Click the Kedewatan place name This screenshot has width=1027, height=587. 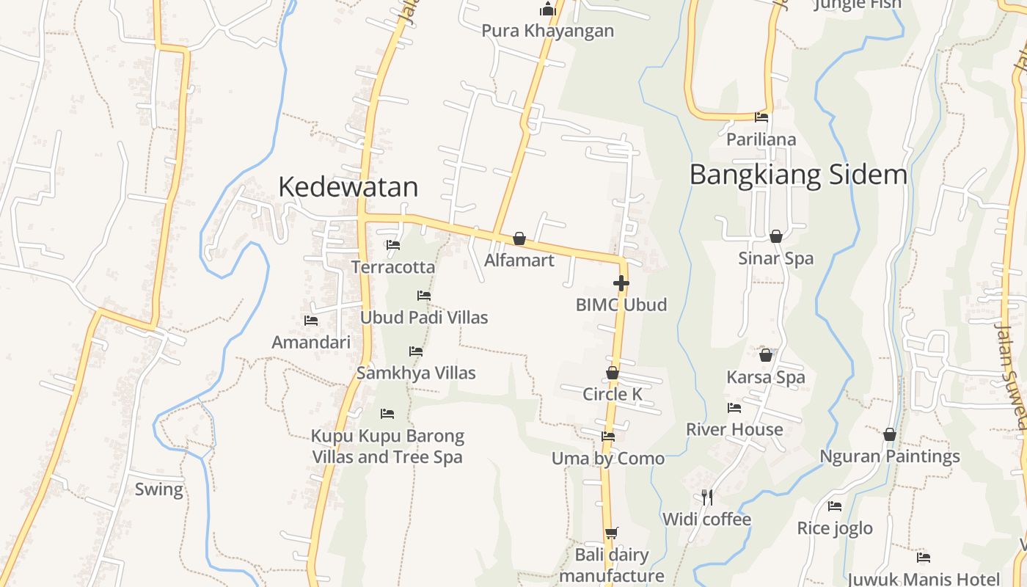tap(348, 187)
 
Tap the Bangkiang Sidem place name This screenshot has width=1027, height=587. tap(798, 175)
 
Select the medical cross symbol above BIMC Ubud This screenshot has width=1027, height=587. tap(621, 283)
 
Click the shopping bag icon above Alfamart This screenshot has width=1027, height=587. tap(519, 238)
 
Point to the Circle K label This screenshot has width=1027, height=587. tap(613, 394)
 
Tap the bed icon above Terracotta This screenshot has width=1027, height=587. tap(393, 245)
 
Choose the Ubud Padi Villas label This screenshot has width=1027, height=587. tap(424, 318)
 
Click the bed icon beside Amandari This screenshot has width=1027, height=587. tap(311, 321)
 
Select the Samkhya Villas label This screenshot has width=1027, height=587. tap(416, 373)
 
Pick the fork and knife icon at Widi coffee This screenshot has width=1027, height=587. tap(707, 497)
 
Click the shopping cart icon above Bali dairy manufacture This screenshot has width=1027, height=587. tap(611, 533)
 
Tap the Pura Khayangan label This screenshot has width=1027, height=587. tap(548, 31)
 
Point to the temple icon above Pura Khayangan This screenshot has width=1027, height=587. tap(548, 10)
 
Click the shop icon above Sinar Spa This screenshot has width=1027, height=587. tap(776, 236)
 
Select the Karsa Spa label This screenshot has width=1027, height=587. tap(766, 377)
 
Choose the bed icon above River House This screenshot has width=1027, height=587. tap(734, 408)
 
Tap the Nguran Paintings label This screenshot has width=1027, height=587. tap(890, 456)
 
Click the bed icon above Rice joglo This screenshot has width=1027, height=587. tap(835, 506)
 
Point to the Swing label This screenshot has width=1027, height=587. tap(159, 489)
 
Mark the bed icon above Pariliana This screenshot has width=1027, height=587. tap(761, 117)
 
